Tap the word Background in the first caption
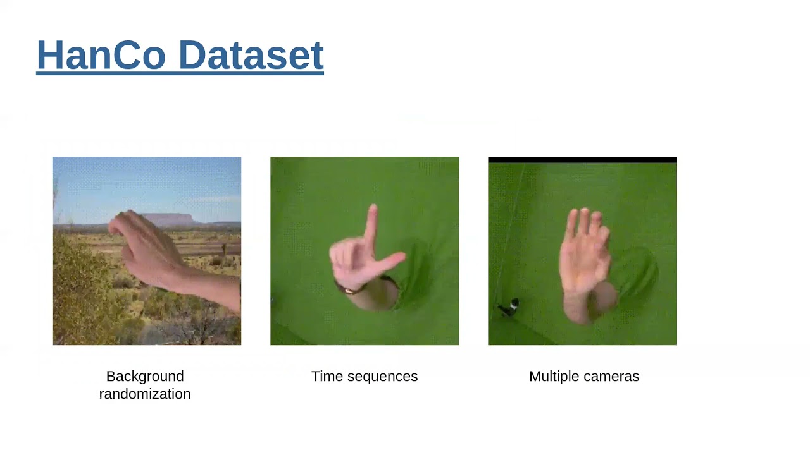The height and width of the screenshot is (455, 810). click(145, 377)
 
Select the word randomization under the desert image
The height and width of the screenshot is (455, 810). click(145, 394)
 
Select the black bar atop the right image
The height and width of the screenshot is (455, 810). click(582, 160)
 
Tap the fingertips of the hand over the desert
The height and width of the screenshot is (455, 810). click(116, 225)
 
